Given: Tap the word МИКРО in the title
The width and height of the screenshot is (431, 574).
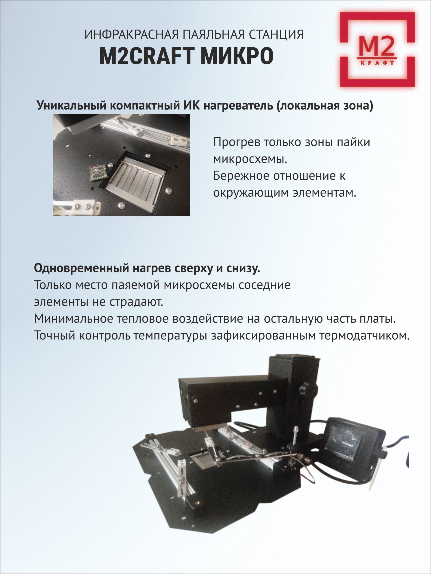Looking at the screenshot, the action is tap(237, 56).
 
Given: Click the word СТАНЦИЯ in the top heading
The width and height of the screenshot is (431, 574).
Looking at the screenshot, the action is tap(276, 35).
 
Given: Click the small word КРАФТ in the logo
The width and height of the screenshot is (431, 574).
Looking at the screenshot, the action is tap(378, 63).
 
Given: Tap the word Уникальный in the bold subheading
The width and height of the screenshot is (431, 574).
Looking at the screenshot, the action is tap(71, 106).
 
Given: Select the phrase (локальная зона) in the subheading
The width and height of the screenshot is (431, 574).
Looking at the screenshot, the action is tap(325, 106).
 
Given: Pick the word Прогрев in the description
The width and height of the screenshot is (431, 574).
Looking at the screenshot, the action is tap(236, 142).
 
